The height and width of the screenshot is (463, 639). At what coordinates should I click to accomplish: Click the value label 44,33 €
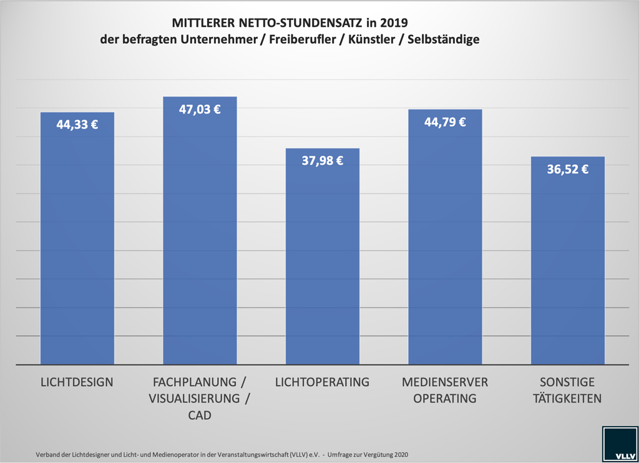[77, 124]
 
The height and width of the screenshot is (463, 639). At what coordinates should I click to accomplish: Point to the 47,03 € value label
[200, 109]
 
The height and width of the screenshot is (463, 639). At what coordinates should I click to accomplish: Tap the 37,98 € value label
[323, 160]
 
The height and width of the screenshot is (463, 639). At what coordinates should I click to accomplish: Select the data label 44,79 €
[445, 122]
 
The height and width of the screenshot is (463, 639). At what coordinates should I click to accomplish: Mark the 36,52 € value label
[568, 168]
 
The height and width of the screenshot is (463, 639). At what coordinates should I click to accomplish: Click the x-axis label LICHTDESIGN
[77, 382]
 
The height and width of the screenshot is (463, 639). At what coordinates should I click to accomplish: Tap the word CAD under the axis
[200, 415]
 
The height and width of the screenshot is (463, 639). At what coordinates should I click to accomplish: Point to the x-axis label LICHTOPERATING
[323, 382]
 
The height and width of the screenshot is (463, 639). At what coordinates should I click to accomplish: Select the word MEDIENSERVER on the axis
[445, 382]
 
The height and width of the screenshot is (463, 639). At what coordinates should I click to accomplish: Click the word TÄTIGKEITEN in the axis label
[568, 398]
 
